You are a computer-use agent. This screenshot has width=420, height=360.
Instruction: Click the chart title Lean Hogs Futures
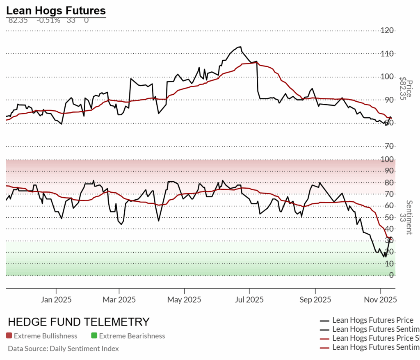point(56,10)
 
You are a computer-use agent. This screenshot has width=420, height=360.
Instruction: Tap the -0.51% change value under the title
point(48,20)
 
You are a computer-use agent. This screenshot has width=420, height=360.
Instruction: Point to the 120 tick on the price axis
point(388,30)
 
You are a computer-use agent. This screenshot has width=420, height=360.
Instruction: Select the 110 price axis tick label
point(388,54)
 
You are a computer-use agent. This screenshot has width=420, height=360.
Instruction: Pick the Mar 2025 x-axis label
point(119,300)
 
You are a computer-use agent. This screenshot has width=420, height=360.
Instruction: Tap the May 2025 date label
point(184,300)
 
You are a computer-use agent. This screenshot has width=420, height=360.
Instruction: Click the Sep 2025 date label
point(315,300)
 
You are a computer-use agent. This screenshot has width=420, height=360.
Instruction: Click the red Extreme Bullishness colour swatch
point(9,336)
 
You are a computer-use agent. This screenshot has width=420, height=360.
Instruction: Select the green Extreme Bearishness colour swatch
point(94,336)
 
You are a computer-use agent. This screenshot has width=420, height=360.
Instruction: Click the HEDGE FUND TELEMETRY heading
point(79,322)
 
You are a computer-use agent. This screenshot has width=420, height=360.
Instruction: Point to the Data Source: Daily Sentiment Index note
point(63,349)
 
